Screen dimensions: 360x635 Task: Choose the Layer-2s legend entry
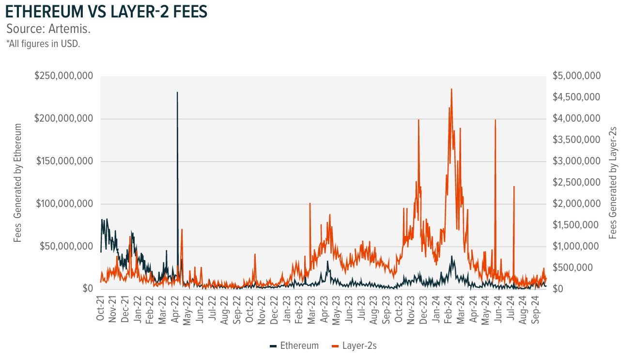coord(356,345)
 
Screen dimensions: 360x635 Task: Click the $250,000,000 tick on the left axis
coord(64,77)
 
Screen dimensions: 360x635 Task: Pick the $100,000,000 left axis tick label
coord(64,204)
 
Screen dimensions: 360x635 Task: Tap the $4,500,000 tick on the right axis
coord(576,97)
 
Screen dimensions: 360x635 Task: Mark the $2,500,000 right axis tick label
coord(576,183)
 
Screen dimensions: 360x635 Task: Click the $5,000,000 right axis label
coord(576,77)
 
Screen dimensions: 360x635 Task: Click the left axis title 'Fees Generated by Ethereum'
coord(18,183)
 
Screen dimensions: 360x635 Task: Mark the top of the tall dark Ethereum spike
coord(177,92)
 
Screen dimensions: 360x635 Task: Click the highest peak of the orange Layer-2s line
coord(451,89)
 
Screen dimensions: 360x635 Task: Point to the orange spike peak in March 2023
coord(310,203)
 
